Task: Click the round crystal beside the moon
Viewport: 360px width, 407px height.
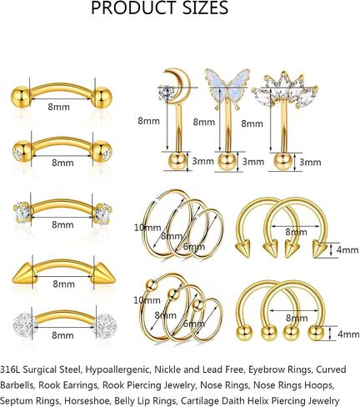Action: pyautogui.click(x=166, y=91)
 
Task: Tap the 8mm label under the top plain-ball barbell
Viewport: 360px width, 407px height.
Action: pyautogui.click(x=58, y=107)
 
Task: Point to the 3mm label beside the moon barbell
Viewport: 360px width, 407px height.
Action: pyautogui.click(x=202, y=161)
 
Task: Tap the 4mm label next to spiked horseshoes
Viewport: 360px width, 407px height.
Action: pyautogui.click(x=347, y=250)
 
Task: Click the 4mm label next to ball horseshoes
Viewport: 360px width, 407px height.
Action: pyautogui.click(x=348, y=334)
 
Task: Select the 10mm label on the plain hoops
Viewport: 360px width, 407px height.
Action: pyautogui.click(x=147, y=228)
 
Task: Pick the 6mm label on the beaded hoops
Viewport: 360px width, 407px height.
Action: pyautogui.click(x=194, y=324)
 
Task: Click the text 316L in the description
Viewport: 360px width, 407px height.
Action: pyautogui.click(x=10, y=369)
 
